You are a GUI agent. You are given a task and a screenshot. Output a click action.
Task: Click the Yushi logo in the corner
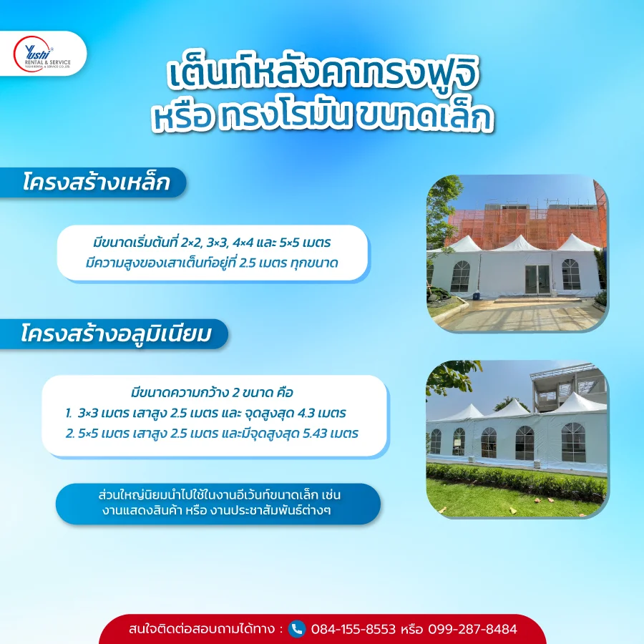(x=42, y=54)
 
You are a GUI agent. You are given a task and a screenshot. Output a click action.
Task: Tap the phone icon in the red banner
(x=296, y=629)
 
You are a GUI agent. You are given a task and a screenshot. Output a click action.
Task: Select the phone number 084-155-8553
(x=353, y=629)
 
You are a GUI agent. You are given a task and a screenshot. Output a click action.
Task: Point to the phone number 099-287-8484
(x=472, y=629)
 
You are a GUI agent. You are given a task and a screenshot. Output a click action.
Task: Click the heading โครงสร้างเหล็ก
(x=96, y=182)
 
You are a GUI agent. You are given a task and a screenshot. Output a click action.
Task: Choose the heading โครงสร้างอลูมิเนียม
(x=116, y=334)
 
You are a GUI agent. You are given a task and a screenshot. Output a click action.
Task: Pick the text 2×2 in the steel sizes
(x=191, y=243)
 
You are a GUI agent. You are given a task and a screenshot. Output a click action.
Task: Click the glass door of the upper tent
(x=537, y=279)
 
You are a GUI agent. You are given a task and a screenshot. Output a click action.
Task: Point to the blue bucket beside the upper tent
(x=477, y=296)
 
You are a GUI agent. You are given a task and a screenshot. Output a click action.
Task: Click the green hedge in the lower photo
(x=516, y=482)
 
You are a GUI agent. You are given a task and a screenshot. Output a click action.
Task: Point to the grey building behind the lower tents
(x=569, y=388)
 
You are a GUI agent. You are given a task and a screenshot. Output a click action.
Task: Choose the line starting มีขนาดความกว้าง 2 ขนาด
(x=212, y=393)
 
